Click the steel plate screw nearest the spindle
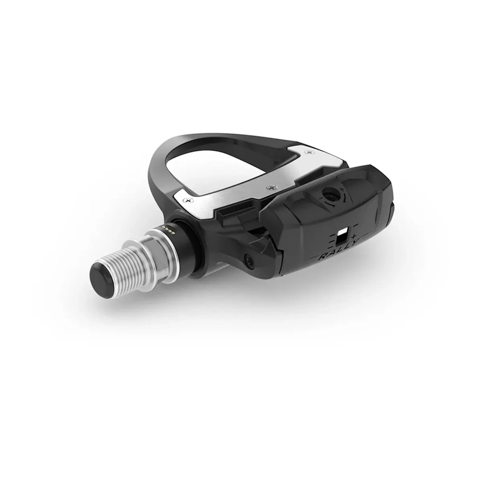[186, 200]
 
